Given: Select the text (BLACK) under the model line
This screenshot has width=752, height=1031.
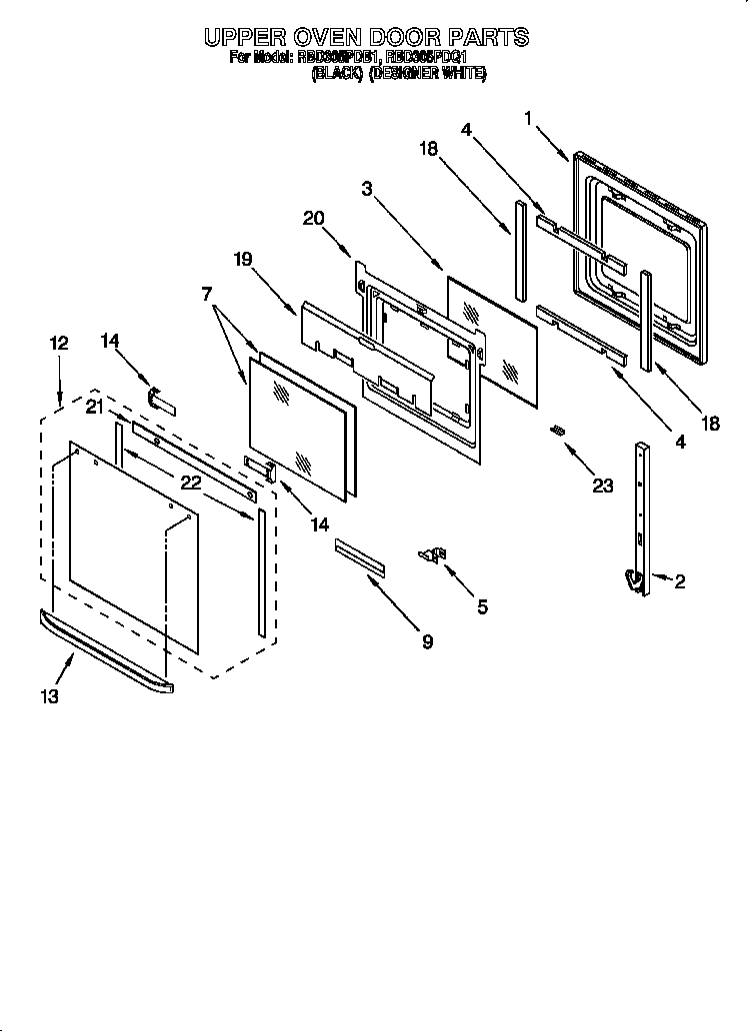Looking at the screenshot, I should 335,73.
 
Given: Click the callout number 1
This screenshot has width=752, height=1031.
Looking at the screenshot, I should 528,119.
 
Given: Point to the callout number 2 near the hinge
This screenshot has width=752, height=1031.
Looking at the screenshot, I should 680,581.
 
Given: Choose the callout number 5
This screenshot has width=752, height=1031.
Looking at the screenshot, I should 483,606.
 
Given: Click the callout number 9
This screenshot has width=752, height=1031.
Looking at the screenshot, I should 427,641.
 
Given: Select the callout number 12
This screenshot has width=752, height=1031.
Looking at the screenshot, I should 59,343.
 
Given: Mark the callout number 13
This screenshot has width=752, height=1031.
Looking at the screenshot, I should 49,696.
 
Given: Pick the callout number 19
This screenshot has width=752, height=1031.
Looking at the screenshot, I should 243,259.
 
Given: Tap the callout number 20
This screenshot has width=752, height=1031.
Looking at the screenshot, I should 313,219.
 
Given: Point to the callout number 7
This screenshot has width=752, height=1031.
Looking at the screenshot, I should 206,294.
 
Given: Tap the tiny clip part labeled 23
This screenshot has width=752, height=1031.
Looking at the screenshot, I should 557,429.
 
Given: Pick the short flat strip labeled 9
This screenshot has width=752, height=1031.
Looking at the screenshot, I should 359,555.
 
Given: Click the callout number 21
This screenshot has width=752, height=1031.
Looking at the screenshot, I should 95,405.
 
